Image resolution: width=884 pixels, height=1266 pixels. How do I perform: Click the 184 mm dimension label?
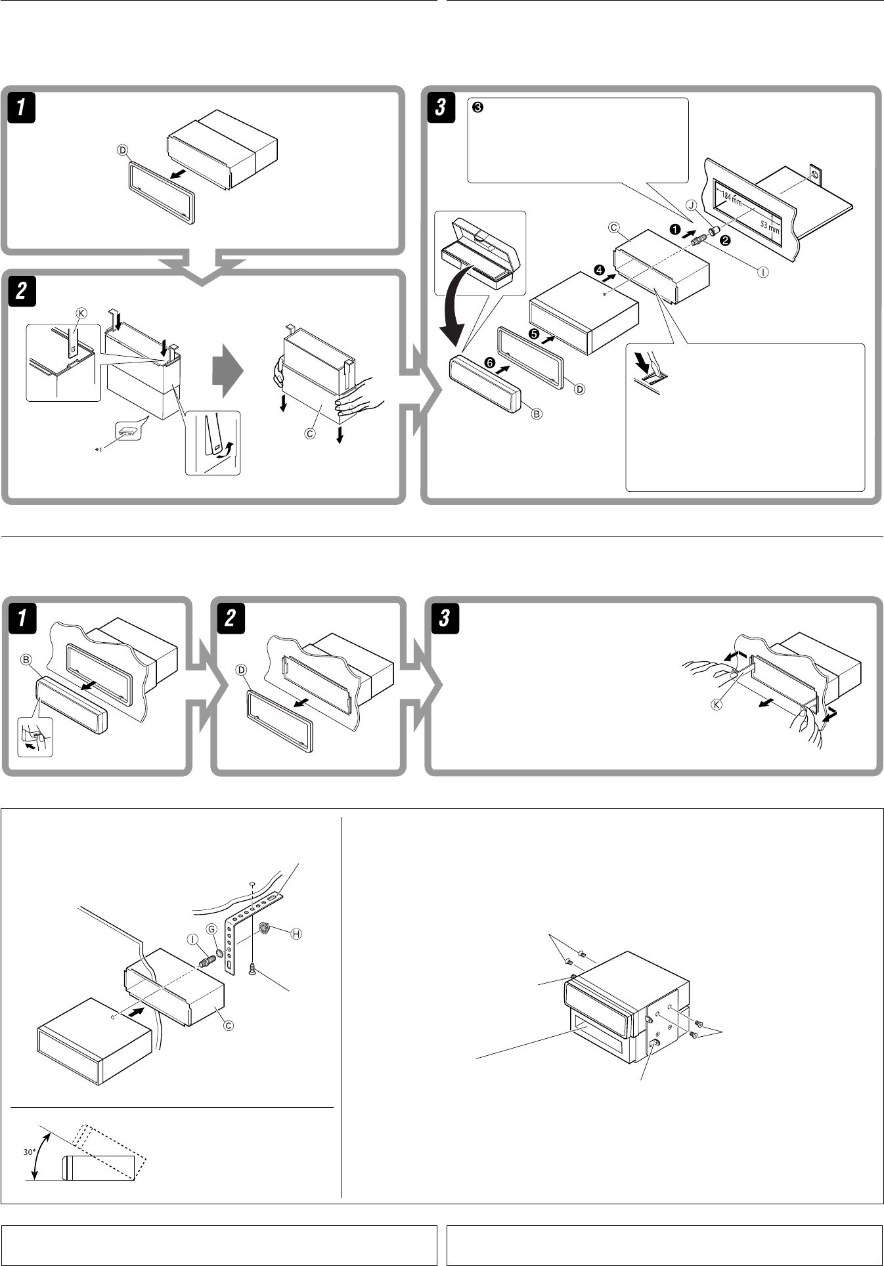pyautogui.click(x=731, y=196)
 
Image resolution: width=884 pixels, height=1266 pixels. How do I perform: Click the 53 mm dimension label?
pyautogui.click(x=770, y=228)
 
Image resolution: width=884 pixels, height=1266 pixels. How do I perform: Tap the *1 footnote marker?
pyautogui.click(x=99, y=450)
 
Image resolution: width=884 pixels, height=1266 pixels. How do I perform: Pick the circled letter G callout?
pyautogui.click(x=211, y=928)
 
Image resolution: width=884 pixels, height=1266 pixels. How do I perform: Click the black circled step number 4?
pyautogui.click(x=599, y=270)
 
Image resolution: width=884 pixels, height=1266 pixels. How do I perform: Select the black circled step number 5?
pyautogui.click(x=534, y=334)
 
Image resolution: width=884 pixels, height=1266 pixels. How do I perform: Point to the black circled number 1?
pyautogui.click(x=674, y=230)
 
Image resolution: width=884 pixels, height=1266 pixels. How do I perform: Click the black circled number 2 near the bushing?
pyautogui.click(x=726, y=240)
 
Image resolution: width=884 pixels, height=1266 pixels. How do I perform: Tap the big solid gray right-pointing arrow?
pyautogui.click(x=227, y=373)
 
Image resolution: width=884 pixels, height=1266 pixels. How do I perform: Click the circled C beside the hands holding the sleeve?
pyautogui.click(x=311, y=433)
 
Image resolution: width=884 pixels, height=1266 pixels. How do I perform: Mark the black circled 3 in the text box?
pyautogui.click(x=478, y=108)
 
